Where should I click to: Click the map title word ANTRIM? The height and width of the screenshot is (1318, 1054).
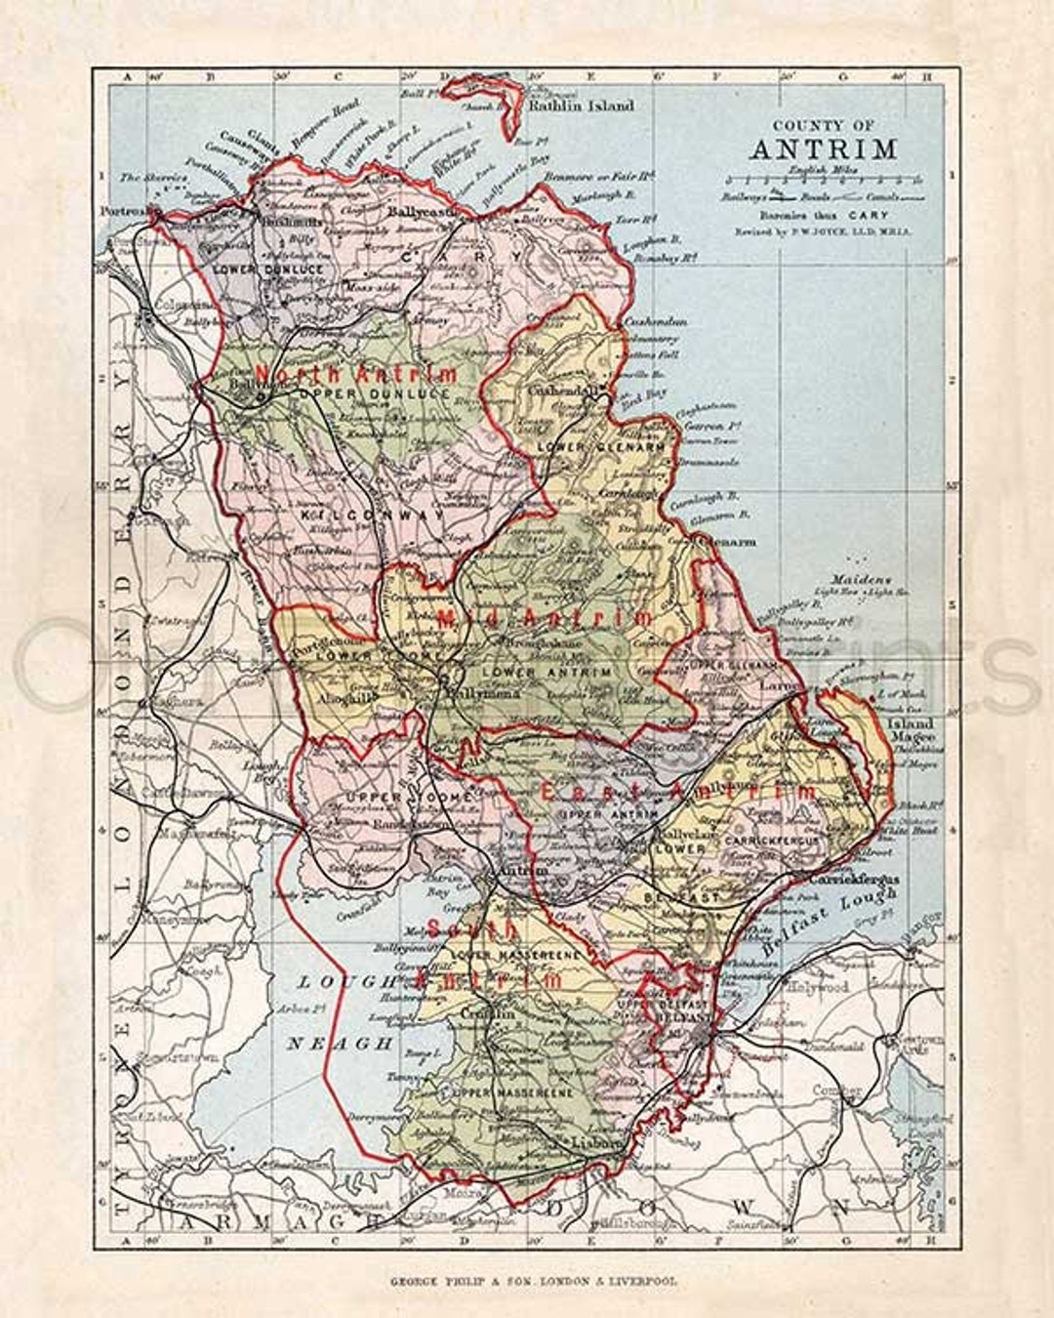click(823, 149)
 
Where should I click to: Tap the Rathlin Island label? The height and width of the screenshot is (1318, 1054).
click(581, 105)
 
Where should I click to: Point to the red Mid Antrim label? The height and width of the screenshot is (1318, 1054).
click(547, 618)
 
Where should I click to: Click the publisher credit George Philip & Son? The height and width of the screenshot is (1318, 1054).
click(527, 1279)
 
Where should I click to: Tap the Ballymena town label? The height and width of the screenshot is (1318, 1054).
click(478, 694)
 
